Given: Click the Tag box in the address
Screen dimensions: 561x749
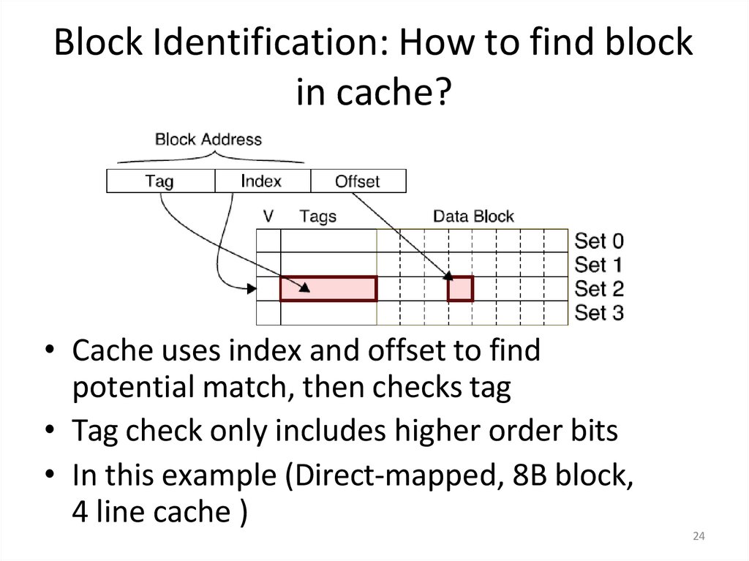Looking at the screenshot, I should point(160,181).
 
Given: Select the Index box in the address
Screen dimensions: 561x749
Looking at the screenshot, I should point(262,181).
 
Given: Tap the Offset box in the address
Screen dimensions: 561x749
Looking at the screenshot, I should point(358,181).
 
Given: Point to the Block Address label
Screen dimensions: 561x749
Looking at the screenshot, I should point(208,139).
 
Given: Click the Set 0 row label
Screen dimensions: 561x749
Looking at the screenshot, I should point(599,241).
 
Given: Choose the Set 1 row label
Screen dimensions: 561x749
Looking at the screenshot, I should point(599,264).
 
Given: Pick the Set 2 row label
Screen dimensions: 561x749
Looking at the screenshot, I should point(599,288).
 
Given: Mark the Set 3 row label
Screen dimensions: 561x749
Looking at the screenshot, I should point(599,312).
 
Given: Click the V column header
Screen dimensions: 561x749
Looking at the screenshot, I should point(268,217).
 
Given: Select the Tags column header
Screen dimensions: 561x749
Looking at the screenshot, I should point(318,217).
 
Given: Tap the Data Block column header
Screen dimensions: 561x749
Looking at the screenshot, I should point(473,217).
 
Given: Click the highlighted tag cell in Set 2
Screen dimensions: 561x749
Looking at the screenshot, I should point(328,289).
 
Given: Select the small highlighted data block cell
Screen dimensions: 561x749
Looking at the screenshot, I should point(461,289).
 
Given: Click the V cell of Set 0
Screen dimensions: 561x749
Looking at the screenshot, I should point(268,241).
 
